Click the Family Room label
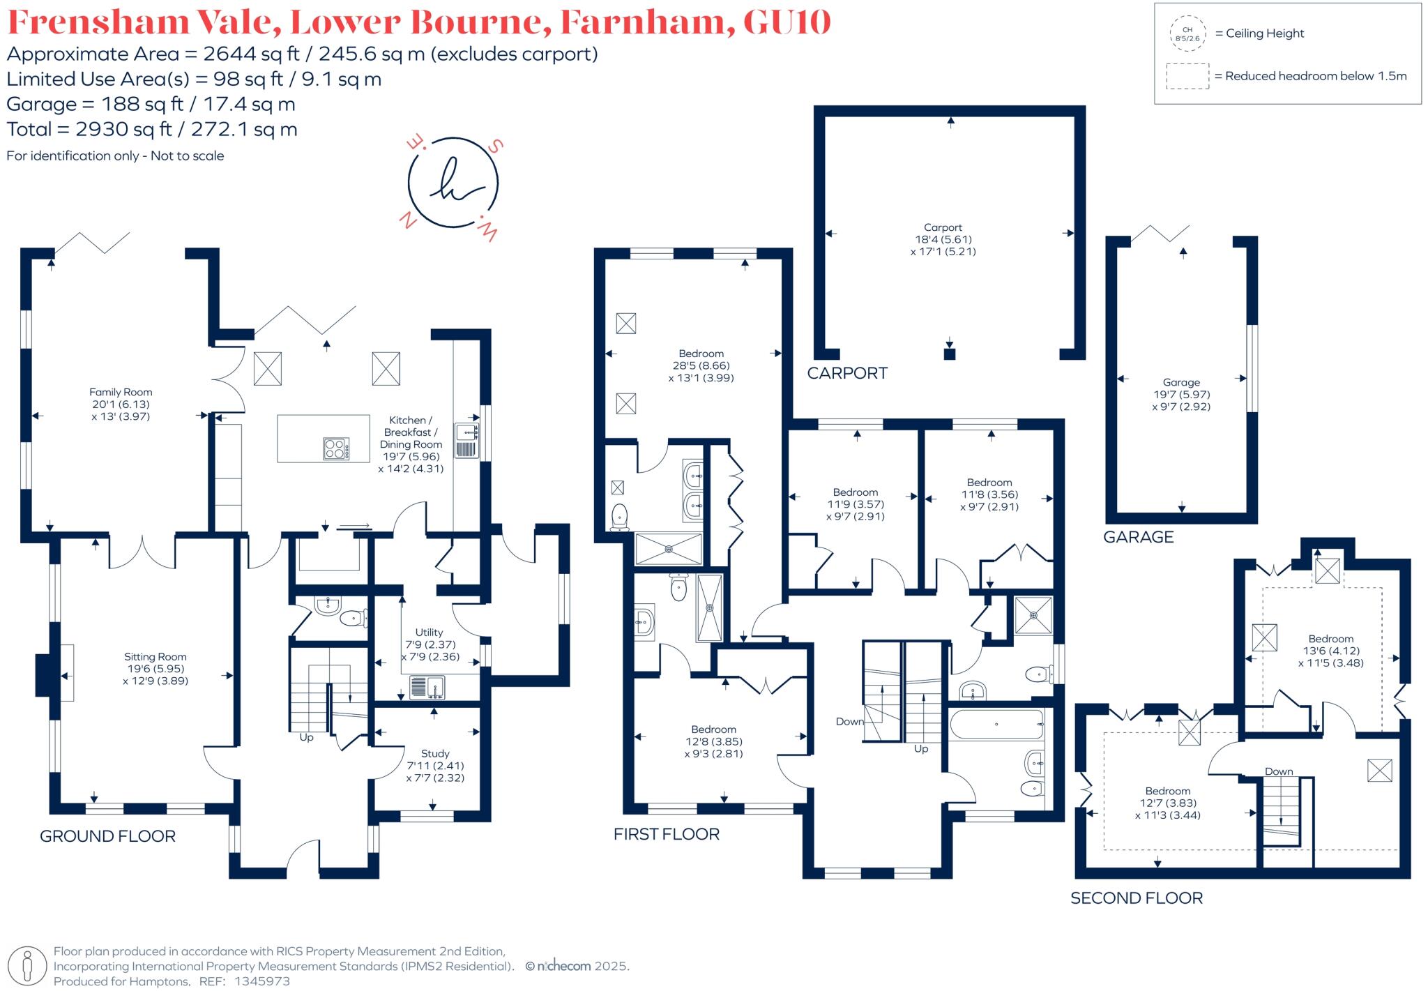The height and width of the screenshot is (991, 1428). [121, 393]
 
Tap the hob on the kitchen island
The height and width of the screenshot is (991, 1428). [336, 448]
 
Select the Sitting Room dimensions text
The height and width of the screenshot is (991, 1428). [155, 674]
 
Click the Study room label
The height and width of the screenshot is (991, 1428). [435, 754]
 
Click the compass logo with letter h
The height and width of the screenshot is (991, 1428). [453, 183]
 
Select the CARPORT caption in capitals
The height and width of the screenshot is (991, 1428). [847, 374]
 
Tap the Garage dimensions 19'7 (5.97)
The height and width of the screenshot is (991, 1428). [1181, 395]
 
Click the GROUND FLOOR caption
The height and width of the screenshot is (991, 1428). [107, 836]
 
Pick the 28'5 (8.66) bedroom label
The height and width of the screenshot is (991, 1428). [701, 365]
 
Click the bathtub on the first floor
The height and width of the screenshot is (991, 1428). [996, 725]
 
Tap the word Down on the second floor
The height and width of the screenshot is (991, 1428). [1279, 771]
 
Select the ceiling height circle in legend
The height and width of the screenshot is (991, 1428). [1187, 34]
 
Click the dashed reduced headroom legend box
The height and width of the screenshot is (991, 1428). [1187, 76]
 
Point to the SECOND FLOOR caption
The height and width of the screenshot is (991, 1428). [1137, 898]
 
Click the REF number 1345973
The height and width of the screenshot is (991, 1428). [262, 981]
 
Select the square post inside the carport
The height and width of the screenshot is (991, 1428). [949, 354]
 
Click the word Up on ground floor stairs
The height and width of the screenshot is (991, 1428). [306, 737]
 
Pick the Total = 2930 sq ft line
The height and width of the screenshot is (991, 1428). [152, 130]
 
